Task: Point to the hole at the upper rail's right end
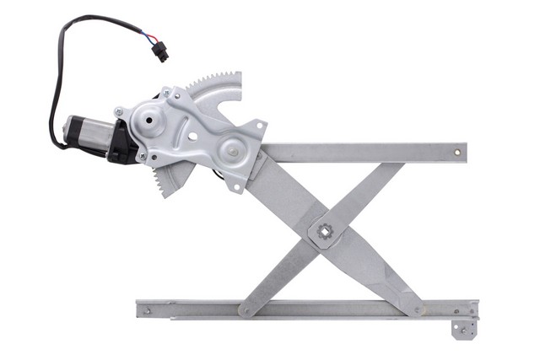pos(457,153)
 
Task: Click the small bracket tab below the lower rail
pos(462,329)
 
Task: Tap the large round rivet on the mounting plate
pos(229,152)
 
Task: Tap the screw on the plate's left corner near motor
pos(119,111)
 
